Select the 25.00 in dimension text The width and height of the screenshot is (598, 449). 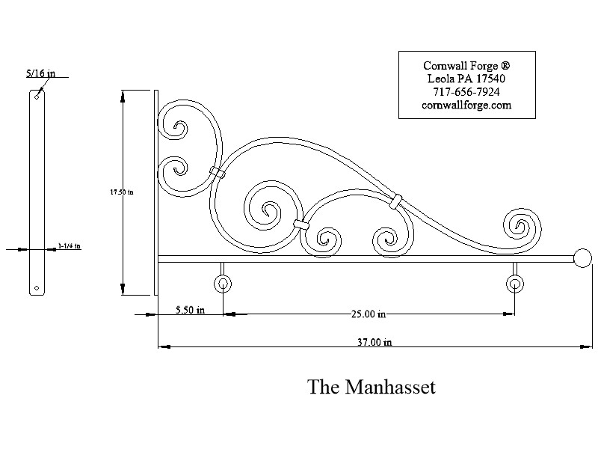pyautogui.click(x=368, y=314)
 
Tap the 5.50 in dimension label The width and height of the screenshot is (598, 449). pyautogui.click(x=191, y=309)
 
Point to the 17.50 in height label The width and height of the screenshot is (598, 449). pyautogui.click(x=121, y=192)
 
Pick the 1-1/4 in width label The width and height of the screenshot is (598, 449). pyautogui.click(x=69, y=245)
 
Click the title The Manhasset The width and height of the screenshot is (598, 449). pyautogui.click(x=371, y=387)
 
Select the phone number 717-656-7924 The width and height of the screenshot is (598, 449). pyautogui.click(x=466, y=92)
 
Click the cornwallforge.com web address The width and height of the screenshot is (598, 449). pyautogui.click(x=466, y=106)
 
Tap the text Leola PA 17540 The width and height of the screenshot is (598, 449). pyautogui.click(x=466, y=79)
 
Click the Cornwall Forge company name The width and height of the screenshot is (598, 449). pyautogui.click(x=466, y=65)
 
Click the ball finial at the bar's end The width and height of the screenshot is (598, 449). pyautogui.click(x=582, y=259)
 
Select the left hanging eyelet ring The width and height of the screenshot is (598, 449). pyautogui.click(x=223, y=284)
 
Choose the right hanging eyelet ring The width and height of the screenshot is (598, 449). pyautogui.click(x=515, y=284)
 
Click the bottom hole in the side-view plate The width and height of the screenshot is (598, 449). pyautogui.click(x=37, y=287)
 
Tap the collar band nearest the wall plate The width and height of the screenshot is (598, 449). pyautogui.click(x=218, y=173)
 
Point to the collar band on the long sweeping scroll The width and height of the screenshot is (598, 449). pyautogui.click(x=395, y=200)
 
